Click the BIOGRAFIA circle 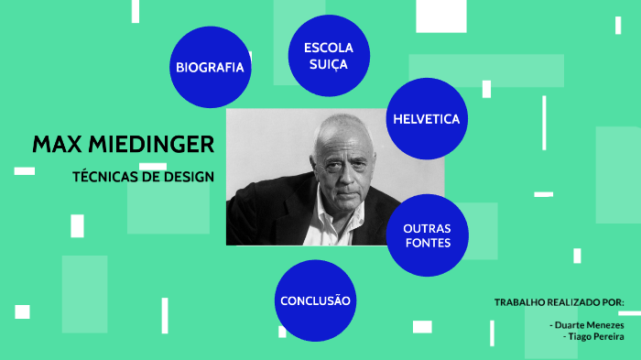pos(211,67)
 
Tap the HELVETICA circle pos(426,119)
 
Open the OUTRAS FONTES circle pos(427,235)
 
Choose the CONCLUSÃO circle pos(315,300)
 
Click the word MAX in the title pos(55,145)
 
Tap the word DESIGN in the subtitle pos(190,176)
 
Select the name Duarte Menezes pos(589,325)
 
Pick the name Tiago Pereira pos(596,336)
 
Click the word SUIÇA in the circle pos(328,64)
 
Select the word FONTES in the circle pos(427,243)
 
